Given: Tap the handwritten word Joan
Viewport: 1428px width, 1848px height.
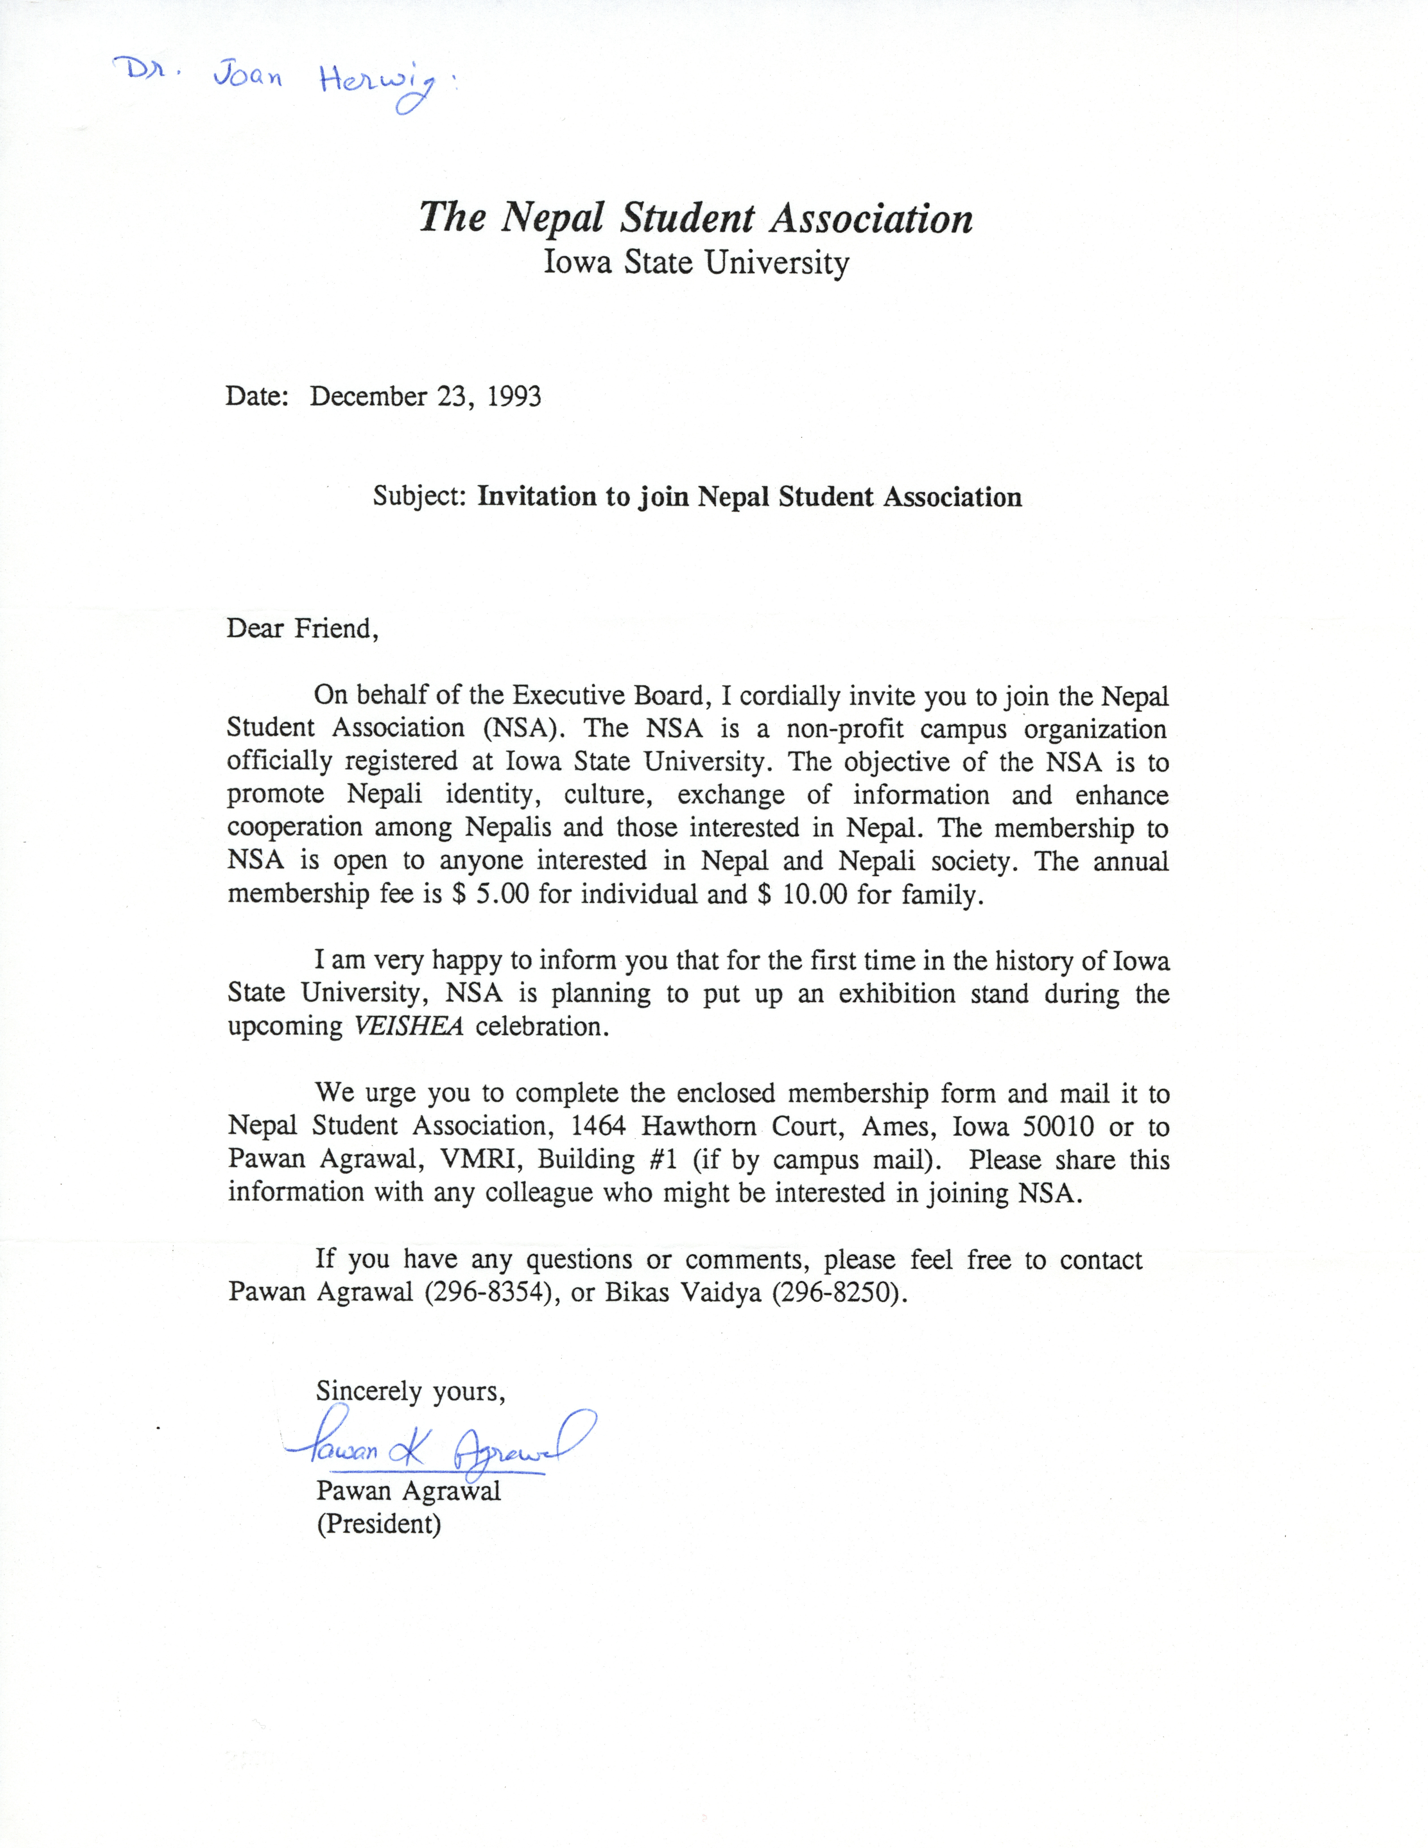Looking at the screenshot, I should point(247,78).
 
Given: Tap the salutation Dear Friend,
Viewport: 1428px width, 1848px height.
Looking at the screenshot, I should point(302,629).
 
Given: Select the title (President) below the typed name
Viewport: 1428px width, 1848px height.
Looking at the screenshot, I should point(378,1524).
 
